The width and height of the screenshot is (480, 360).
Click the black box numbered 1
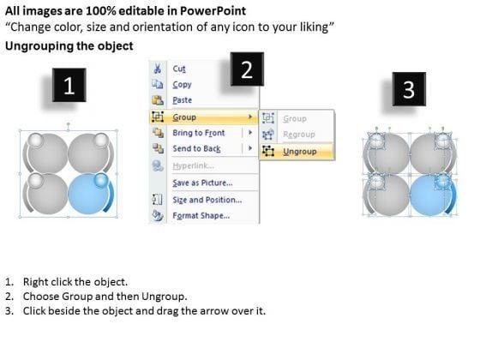pos(69,85)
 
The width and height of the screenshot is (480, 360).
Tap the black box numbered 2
pos(247,69)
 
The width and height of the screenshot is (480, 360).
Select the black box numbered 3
pos(409,89)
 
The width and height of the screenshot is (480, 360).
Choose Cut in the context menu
pos(179,69)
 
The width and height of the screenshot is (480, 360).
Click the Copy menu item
pos(182,85)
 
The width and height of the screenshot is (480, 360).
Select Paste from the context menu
pos(182,100)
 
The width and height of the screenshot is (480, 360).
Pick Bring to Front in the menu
pos(198,133)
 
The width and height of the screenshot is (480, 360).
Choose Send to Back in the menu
pos(196,149)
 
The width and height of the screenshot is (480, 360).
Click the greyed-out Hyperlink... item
pos(193,166)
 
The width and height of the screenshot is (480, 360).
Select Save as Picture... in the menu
pos(202,183)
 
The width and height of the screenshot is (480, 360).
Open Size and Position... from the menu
pos(207,200)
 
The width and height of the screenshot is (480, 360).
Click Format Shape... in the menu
pos(201,216)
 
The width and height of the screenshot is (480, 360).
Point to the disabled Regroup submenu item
pos(299,135)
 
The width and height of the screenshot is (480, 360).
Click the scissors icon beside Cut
pos(158,69)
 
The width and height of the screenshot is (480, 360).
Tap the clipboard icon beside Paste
pos(158,100)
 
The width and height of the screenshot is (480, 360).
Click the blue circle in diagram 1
pos(87,194)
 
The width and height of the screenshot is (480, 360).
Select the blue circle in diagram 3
pos(430,195)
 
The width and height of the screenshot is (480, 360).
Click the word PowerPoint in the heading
pos(213,11)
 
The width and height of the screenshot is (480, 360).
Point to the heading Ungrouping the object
pos(69,46)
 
